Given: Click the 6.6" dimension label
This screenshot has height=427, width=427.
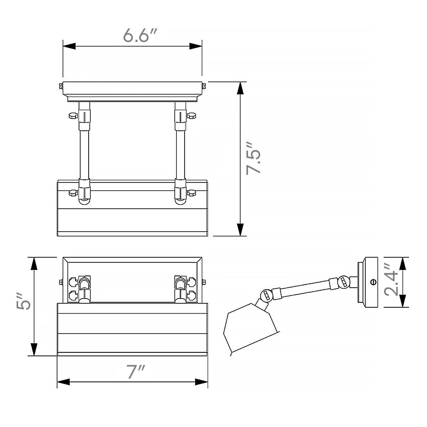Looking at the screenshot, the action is coord(140,35).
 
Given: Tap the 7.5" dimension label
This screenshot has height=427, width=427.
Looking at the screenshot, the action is coord(253,158).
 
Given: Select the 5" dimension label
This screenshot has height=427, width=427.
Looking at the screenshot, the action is coord(23,301).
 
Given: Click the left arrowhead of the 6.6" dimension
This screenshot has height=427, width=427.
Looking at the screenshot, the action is coord(69,46).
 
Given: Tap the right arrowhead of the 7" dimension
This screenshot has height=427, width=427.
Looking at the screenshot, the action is coord(201,382).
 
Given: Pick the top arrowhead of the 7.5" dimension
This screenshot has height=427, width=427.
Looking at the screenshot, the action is coord(240,88).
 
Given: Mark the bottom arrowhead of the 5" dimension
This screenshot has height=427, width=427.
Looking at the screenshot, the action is coord(34,349).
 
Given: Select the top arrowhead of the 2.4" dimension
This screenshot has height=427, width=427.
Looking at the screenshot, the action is coord(402,263).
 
